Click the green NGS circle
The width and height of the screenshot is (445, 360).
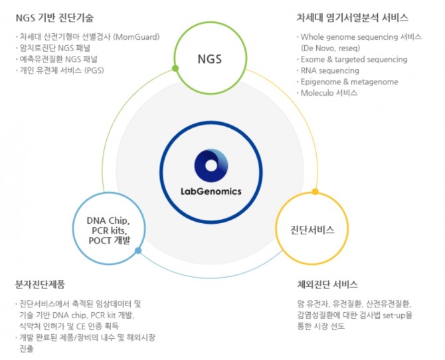(209, 59)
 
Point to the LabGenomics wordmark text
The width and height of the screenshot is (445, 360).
(211, 191)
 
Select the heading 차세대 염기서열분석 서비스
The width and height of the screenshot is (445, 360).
(352, 17)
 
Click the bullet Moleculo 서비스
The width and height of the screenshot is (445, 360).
(329, 93)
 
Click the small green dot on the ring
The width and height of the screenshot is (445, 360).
(175, 68)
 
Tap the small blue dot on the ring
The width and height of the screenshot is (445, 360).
(137, 250)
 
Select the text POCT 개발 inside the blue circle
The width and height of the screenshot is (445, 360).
(108, 240)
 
